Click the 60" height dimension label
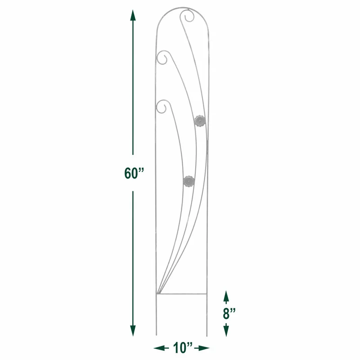[134, 173]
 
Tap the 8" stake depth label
[229, 313]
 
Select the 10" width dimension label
[183, 348]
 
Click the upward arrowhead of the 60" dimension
[133, 15]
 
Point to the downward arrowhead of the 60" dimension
[133, 331]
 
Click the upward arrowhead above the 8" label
[226, 296]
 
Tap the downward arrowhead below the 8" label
[226, 331]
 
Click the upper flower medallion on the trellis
[199, 121]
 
